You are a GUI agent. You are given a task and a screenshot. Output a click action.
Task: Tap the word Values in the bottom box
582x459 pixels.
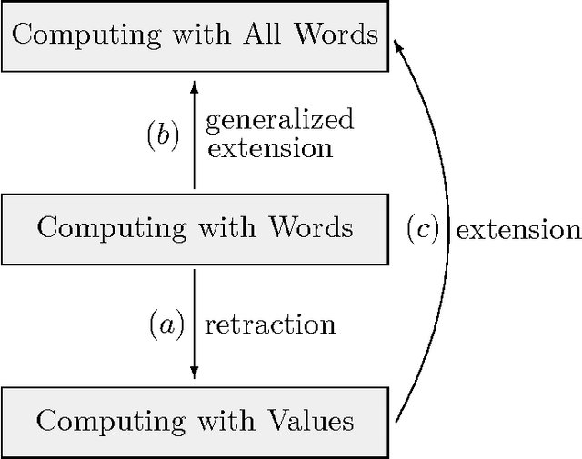[308, 421]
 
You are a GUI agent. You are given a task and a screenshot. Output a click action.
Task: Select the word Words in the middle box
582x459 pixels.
[308, 226]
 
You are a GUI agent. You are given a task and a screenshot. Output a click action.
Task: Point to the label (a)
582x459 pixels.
[166, 324]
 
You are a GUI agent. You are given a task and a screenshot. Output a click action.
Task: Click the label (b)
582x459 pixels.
[164, 135]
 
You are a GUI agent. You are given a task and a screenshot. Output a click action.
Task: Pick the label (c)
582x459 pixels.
[422, 230]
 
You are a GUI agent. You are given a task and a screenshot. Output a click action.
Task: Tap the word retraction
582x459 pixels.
[270, 325]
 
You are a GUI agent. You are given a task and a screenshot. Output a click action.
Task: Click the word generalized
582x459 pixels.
[280, 121]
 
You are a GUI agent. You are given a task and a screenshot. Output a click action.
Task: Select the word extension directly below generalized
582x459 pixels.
[270, 147]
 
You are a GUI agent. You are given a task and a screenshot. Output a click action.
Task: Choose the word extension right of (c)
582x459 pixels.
[517, 230]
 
